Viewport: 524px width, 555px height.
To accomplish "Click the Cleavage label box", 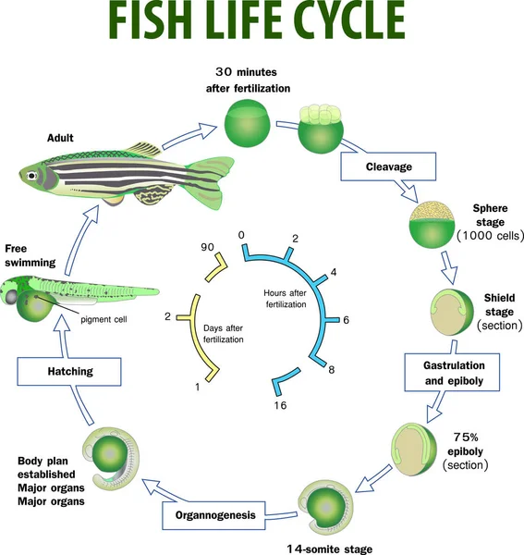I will coord(387,167).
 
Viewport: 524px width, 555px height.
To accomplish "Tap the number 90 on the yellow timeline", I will coord(210,248).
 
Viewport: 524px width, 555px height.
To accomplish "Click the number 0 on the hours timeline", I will coord(240,235).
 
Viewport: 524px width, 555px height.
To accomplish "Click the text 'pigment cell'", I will coord(102,319).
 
